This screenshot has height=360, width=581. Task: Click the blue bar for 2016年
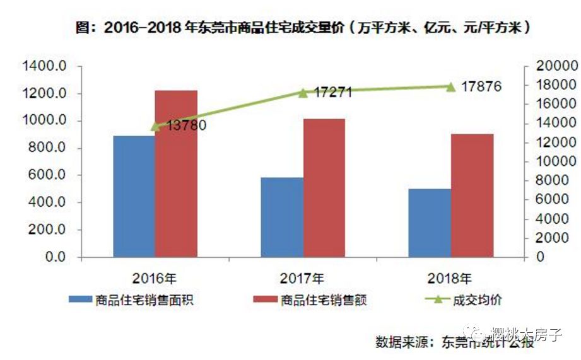(x=134, y=196)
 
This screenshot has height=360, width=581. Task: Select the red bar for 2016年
(x=176, y=173)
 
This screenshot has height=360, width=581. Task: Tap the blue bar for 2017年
(x=282, y=217)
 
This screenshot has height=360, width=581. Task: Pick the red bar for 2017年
(x=324, y=188)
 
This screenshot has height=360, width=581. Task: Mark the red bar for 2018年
(x=472, y=195)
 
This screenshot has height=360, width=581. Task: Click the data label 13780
(x=187, y=125)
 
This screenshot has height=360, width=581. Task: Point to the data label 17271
(x=333, y=93)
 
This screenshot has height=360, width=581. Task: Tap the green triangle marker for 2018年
(x=450, y=86)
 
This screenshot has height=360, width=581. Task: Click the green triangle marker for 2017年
(x=303, y=93)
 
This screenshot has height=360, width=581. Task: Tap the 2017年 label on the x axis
(x=303, y=277)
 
